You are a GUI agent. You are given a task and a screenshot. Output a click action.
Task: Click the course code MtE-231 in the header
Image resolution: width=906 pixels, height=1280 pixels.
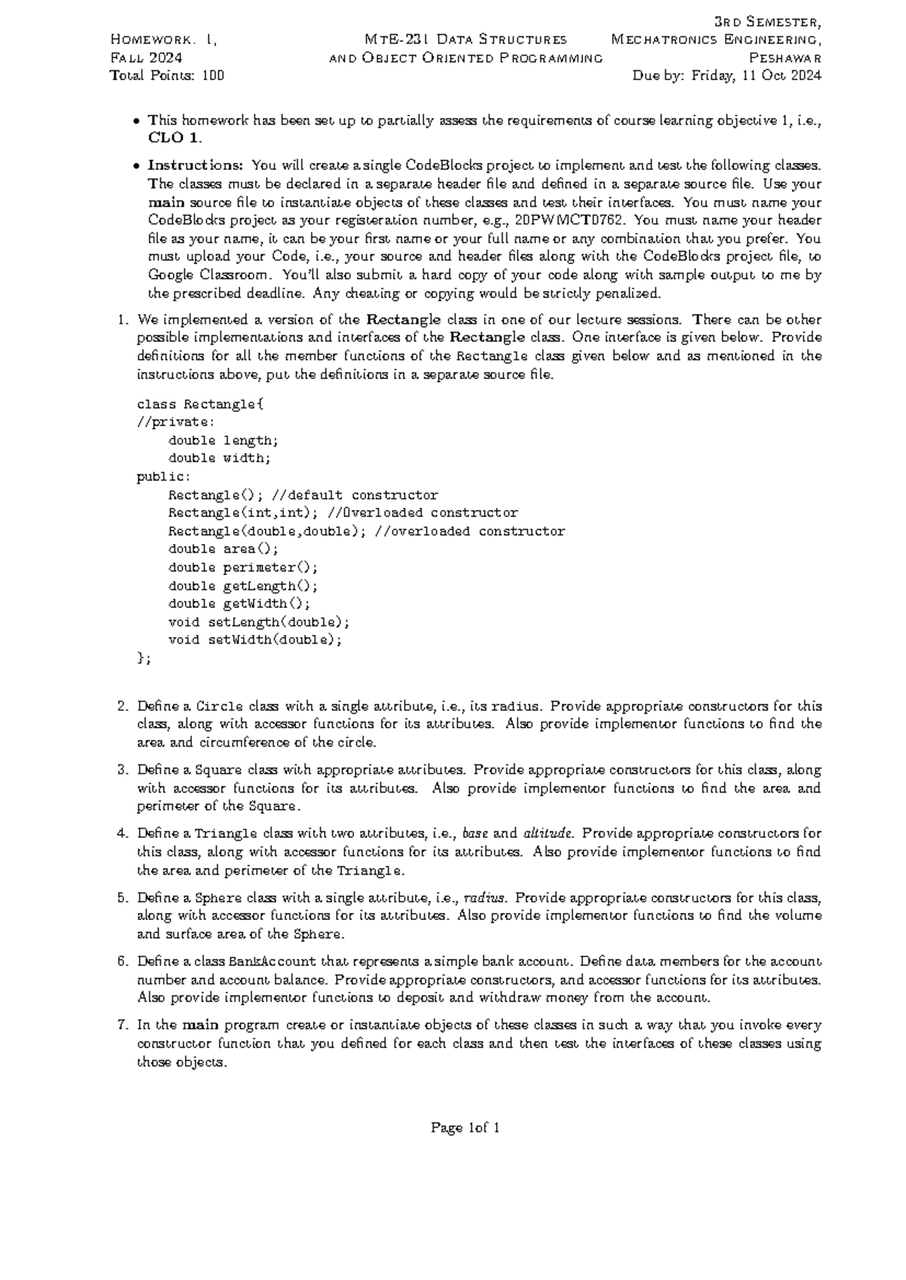pos(388,39)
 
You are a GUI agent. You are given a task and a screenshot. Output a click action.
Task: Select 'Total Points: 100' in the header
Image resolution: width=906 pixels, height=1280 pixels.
pos(167,75)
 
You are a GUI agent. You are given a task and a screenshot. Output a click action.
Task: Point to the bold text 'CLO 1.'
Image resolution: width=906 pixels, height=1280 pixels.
pos(175,138)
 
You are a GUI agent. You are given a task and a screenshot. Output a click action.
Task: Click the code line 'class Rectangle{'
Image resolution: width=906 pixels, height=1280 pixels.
pos(200,405)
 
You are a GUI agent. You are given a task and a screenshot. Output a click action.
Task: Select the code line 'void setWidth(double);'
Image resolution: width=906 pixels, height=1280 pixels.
pos(255,640)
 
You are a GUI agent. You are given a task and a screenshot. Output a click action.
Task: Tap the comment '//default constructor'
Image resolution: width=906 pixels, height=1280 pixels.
pos(354,495)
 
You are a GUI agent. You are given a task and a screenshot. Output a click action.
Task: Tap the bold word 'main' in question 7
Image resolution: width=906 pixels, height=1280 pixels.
pos(200,1026)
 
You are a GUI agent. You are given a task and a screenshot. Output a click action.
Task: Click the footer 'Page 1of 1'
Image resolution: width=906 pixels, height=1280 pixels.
pos(465,1128)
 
